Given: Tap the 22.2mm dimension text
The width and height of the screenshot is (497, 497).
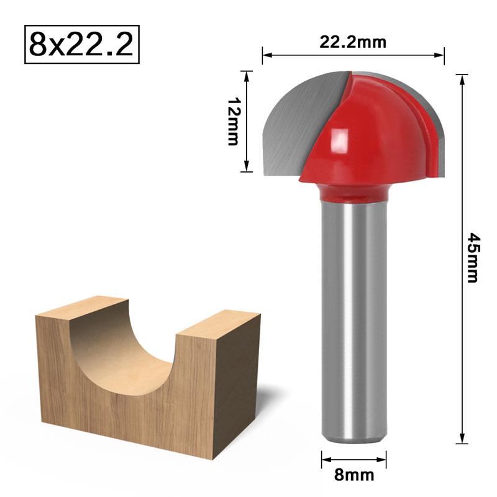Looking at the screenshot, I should [353, 42].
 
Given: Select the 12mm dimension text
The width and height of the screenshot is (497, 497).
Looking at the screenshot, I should [233, 121].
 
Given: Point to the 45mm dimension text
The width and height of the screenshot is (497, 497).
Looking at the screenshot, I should [473, 258].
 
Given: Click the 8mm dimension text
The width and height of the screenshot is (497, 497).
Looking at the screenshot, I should [354, 476].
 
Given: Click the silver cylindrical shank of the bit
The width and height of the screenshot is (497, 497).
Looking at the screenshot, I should [353, 311].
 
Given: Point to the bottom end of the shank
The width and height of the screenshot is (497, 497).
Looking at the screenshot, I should [353, 437].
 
